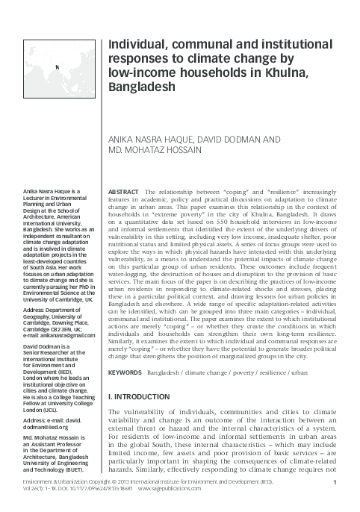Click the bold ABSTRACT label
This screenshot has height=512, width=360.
point(124,193)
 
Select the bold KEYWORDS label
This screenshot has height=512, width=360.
point(126,372)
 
